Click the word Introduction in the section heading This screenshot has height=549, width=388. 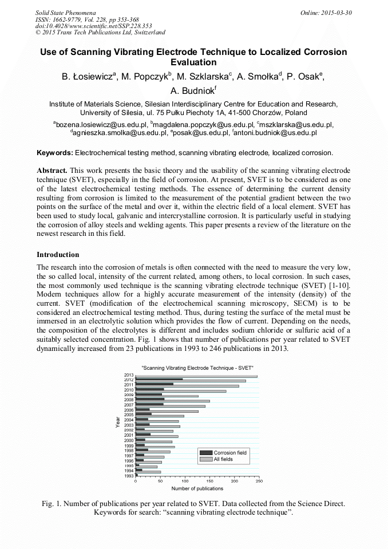click(x=58, y=254)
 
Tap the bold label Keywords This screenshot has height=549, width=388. click(x=54, y=153)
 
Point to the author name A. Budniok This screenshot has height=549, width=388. click(x=193, y=90)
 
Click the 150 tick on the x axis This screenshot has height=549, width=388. click(x=209, y=481)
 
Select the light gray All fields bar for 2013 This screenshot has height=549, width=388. click(x=196, y=376)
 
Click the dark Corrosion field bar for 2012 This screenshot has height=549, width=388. click(x=159, y=379)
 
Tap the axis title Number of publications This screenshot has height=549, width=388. click(x=197, y=488)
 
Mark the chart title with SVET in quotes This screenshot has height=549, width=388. click(x=197, y=367)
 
